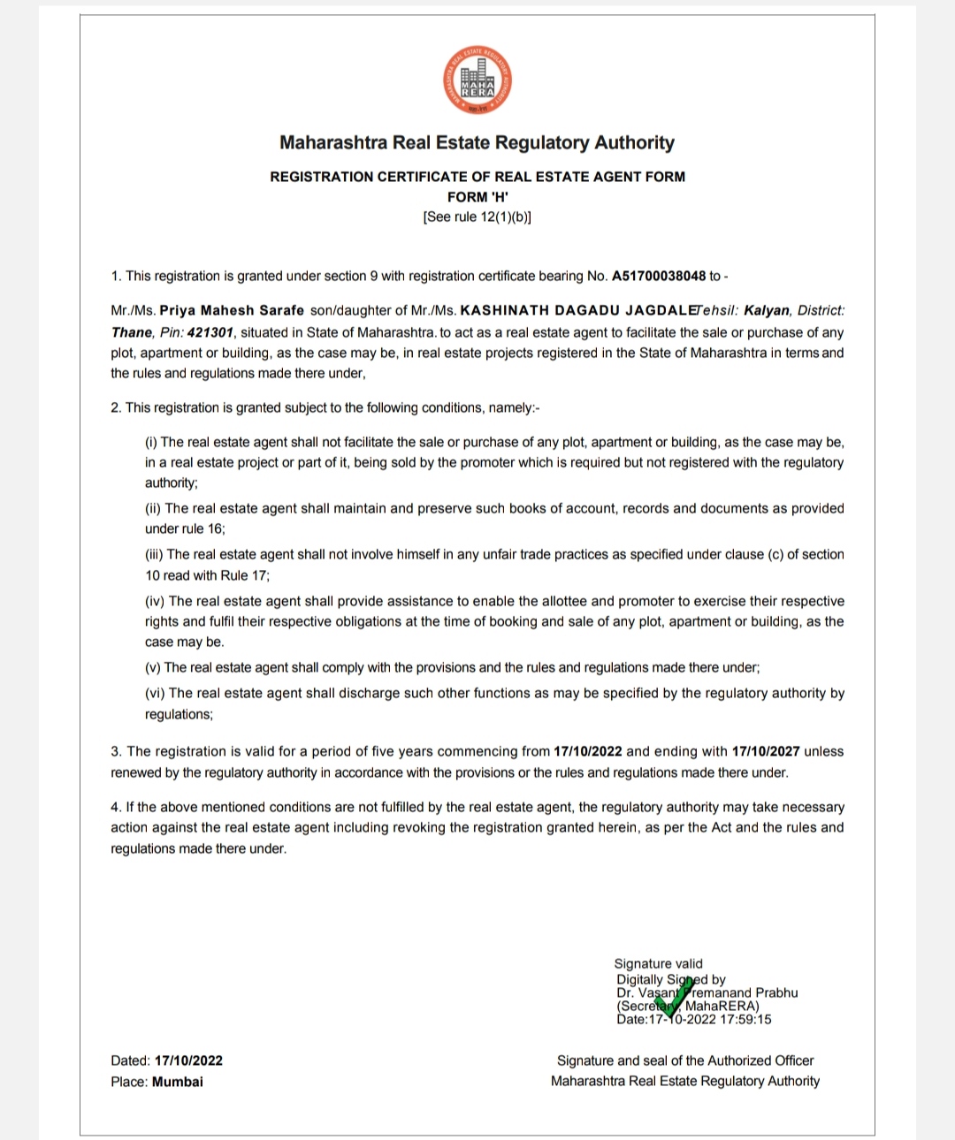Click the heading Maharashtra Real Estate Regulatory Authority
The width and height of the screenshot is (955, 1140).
click(477, 143)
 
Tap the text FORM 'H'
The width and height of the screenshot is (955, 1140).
click(477, 197)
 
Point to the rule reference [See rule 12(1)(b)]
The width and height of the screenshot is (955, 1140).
click(477, 217)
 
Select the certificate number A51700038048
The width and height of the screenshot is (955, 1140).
click(659, 277)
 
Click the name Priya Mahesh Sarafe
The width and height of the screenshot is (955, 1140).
click(232, 311)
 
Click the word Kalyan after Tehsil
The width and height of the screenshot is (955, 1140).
click(767, 311)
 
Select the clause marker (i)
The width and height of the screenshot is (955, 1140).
click(151, 443)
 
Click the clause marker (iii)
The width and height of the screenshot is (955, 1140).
click(154, 555)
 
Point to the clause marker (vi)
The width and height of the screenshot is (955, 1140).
click(155, 694)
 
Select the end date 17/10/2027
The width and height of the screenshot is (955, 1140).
click(766, 752)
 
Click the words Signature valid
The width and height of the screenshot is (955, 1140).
click(659, 964)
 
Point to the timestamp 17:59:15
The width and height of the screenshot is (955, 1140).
click(746, 1020)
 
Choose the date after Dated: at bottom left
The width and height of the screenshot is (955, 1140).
click(188, 1061)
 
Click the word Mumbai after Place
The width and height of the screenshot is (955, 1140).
click(178, 1082)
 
